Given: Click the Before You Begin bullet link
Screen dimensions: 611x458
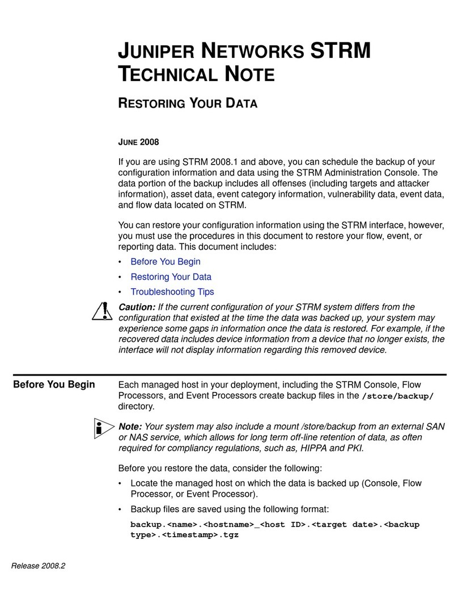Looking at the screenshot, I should [x=165, y=262].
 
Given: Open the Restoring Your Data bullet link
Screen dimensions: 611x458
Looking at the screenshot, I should [x=171, y=277].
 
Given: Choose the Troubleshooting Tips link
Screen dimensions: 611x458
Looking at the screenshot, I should [x=172, y=292].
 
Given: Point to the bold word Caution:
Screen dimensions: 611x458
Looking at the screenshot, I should [x=137, y=307].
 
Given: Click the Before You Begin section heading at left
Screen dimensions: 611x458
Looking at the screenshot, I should [x=54, y=385].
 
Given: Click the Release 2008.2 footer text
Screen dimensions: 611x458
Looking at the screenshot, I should [x=38, y=564].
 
